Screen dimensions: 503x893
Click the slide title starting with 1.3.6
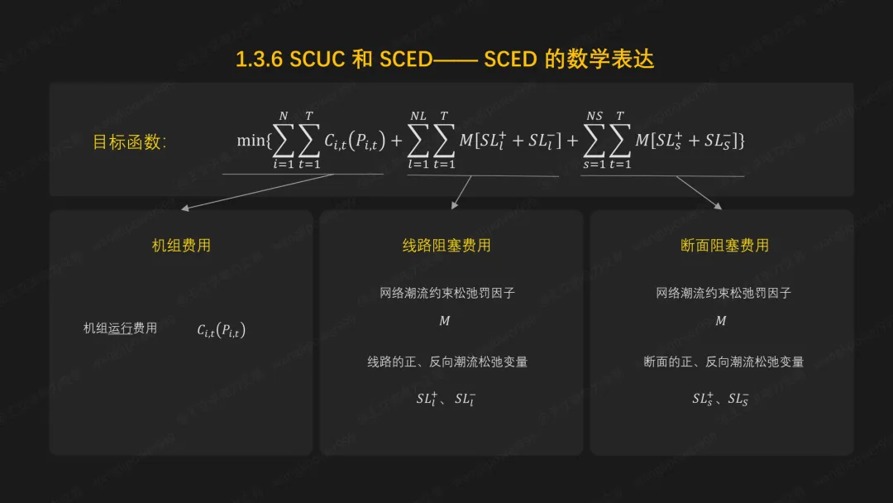[445, 60]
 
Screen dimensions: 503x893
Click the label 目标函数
[129, 141]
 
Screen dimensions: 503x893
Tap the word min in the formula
[251, 141]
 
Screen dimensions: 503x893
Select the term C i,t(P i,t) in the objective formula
[354, 141]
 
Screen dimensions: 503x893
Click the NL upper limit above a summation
[418, 117]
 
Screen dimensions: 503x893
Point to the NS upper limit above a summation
[595, 117]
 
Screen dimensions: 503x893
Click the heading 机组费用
[181, 245]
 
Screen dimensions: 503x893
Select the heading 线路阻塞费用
[446, 245]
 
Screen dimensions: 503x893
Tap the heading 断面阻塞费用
[724, 245]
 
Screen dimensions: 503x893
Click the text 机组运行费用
[120, 328]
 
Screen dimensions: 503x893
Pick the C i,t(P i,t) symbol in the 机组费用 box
[221, 330]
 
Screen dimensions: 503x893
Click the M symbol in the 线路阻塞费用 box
[445, 321]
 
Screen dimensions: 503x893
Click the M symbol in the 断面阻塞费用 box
[721, 321]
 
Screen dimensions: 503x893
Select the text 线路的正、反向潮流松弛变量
[447, 362]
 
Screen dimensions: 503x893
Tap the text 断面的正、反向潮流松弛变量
[723, 362]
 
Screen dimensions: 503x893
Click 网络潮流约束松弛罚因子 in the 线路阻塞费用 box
[447, 293]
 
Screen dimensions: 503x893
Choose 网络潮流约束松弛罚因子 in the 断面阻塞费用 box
[723, 293]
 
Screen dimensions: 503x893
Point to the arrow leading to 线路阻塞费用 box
[461, 193]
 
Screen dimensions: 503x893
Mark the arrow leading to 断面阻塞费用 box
[700, 193]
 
